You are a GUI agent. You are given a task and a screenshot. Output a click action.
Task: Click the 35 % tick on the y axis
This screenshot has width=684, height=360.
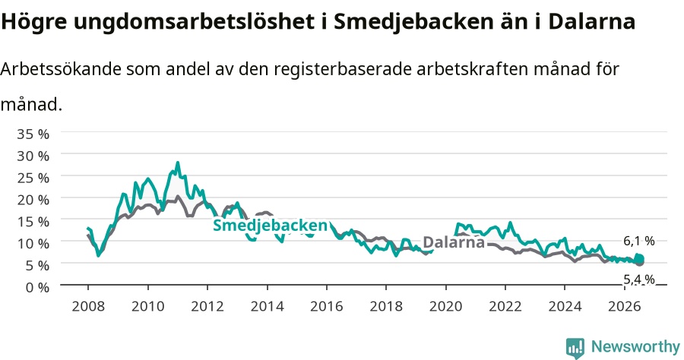pyautogui.click(x=33, y=134)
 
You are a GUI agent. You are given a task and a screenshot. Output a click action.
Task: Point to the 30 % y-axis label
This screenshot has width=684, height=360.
pyautogui.click(x=33, y=156)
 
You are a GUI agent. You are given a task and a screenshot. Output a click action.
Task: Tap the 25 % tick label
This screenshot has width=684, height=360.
pyautogui.click(x=33, y=178)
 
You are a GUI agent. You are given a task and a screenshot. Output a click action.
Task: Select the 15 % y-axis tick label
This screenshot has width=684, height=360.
pyautogui.click(x=33, y=222)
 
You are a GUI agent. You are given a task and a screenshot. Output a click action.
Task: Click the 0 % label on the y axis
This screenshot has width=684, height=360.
pyautogui.click(x=37, y=287)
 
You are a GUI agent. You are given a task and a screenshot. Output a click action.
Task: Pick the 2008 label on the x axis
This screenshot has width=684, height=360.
pyautogui.click(x=88, y=306)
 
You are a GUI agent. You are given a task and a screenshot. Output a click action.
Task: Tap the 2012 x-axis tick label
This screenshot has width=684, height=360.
pyautogui.click(x=207, y=306)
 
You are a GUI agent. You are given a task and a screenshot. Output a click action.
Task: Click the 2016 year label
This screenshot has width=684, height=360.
pyautogui.click(x=326, y=306)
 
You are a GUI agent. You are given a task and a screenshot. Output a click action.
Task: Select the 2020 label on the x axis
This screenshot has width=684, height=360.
pyautogui.click(x=445, y=306)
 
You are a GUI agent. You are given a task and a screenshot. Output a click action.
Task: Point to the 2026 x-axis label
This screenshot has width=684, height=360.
pyautogui.click(x=624, y=306)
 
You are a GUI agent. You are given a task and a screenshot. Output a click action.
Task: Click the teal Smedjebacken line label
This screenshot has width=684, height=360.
pyautogui.click(x=270, y=226)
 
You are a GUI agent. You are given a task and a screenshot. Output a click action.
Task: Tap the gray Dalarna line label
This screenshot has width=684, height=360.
pyautogui.click(x=454, y=242)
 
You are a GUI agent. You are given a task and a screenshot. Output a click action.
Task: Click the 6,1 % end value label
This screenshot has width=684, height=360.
pyautogui.click(x=639, y=241)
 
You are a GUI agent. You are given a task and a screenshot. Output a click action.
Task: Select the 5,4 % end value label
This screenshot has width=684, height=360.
pyautogui.click(x=639, y=279)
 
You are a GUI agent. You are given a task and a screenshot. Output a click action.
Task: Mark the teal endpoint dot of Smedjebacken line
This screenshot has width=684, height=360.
pyautogui.click(x=639, y=258)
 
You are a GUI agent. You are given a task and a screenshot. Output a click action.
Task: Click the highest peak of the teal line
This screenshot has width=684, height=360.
pyautogui.click(x=178, y=163)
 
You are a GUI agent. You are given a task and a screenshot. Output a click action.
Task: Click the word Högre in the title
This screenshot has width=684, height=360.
pyautogui.click(x=34, y=22)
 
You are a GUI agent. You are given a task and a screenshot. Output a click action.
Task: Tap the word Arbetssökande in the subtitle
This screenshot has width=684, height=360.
pyautogui.click(x=61, y=69)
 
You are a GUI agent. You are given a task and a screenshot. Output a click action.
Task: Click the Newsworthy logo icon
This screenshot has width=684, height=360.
pyautogui.click(x=575, y=348)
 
